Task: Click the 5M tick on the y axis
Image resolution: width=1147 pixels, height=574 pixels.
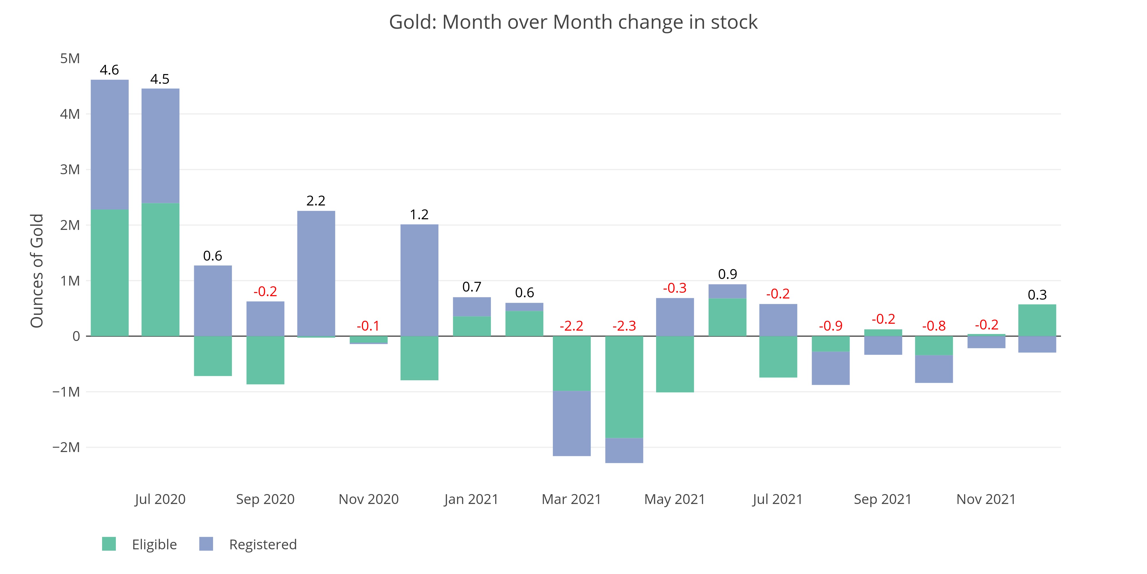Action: click(x=70, y=58)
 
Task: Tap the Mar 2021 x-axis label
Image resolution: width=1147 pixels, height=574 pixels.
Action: click(x=571, y=499)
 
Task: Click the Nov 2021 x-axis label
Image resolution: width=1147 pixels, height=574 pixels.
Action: click(x=986, y=499)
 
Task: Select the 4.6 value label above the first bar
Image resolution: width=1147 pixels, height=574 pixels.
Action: click(x=109, y=70)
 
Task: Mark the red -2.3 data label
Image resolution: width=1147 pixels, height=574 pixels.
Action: click(x=624, y=326)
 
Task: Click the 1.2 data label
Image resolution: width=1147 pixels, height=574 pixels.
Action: click(x=419, y=215)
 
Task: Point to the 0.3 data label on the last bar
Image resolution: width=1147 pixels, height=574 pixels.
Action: click(x=1037, y=295)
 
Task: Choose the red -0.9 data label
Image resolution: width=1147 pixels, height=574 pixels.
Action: click(x=830, y=326)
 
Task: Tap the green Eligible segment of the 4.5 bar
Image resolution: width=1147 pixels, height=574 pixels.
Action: click(x=160, y=269)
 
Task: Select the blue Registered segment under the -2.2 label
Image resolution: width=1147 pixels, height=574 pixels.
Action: click(x=572, y=423)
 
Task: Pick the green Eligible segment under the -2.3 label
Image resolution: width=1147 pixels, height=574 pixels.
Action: click(x=624, y=387)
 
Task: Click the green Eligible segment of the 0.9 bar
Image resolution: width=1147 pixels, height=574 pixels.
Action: click(x=727, y=317)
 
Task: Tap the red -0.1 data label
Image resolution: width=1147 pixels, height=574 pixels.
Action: click(x=368, y=326)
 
